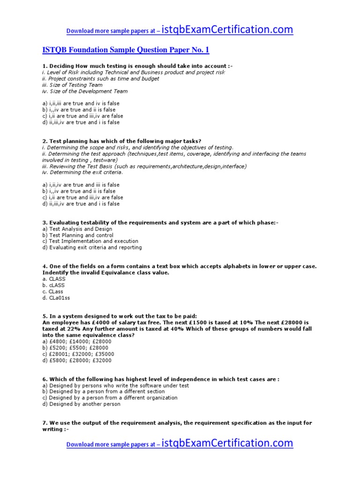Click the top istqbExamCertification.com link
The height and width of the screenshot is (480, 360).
[227, 30]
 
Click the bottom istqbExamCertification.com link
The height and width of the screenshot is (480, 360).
[227, 443]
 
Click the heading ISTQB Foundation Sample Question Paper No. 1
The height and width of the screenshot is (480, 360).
[126, 50]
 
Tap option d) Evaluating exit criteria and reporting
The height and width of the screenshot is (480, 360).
[92, 247]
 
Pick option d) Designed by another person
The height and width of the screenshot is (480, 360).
[81, 404]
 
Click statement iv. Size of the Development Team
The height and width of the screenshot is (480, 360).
[84, 91]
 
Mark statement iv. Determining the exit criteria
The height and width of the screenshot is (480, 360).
[82, 172]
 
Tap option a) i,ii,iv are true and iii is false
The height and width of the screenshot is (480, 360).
[81, 185]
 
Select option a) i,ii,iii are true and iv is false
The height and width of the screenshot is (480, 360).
[81, 103]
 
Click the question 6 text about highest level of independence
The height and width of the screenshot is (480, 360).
[161, 379]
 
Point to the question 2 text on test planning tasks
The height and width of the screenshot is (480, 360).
[122, 141]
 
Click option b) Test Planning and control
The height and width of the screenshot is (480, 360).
[78, 235]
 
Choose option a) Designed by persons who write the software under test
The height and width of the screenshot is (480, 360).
[115, 385]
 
